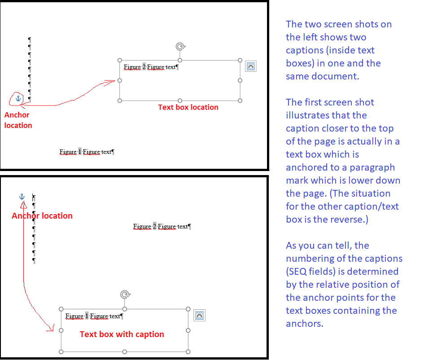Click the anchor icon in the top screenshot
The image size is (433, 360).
pyautogui.click(x=18, y=98)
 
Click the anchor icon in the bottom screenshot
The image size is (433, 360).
pyautogui.click(x=21, y=197)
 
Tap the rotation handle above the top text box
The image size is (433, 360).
pyautogui.click(x=180, y=47)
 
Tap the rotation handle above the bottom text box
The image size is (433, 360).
pyautogui.click(x=125, y=294)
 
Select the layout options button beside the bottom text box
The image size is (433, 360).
pyautogui.click(x=199, y=315)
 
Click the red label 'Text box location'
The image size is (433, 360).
pyautogui.click(x=188, y=107)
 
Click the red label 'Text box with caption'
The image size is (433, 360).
pyautogui.click(x=122, y=334)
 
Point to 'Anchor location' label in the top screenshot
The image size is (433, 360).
pyautogui.click(x=18, y=120)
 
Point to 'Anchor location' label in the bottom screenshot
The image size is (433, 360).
pyautogui.click(x=42, y=216)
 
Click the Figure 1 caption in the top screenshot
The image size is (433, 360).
pyautogui.click(x=87, y=152)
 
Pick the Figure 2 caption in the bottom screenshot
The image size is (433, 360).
pyautogui.click(x=162, y=227)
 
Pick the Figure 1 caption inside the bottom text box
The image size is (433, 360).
pyautogui.click(x=93, y=316)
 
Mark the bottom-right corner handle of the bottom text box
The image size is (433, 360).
pyautogui.click(x=188, y=351)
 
